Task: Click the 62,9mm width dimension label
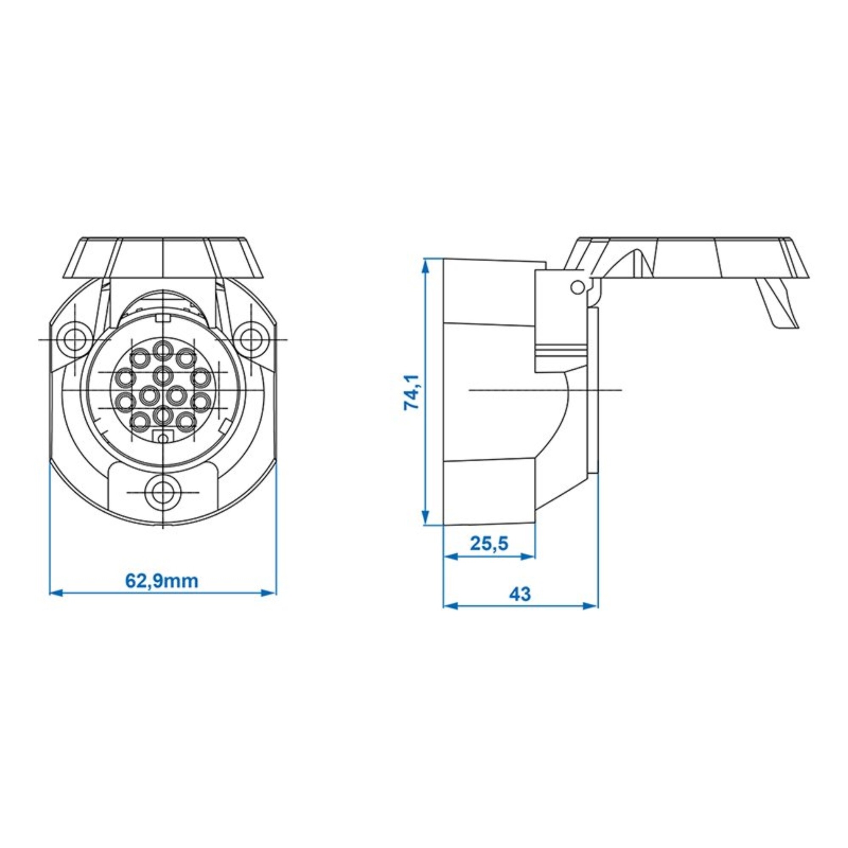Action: (162, 581)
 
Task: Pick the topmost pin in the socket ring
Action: (163, 350)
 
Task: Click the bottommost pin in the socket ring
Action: (163, 414)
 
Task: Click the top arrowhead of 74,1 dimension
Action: (424, 265)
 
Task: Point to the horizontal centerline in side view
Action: (544, 390)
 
